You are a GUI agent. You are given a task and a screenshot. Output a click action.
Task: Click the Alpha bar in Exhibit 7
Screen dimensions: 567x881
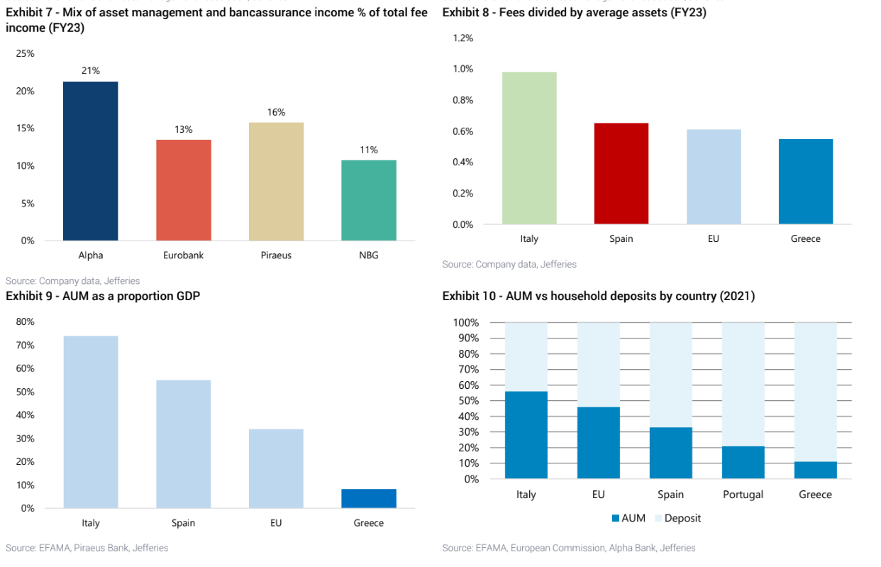click(x=90, y=161)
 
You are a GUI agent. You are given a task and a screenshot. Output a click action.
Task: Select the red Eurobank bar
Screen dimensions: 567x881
click(x=183, y=190)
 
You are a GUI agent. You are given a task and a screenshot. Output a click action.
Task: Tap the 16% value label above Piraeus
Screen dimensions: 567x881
click(x=276, y=112)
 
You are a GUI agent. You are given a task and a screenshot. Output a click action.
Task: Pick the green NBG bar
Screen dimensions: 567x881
click(x=369, y=200)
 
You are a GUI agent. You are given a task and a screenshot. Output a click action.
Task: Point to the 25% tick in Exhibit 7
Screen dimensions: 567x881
click(x=26, y=54)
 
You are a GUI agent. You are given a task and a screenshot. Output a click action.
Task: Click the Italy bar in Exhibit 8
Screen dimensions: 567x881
click(x=529, y=148)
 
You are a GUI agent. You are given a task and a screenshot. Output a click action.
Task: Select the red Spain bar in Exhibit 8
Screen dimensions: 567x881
click(x=621, y=174)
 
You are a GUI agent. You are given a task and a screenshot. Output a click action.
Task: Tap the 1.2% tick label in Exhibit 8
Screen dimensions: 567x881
click(x=462, y=38)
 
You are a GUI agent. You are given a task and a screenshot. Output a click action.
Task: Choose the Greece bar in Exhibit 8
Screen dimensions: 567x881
click(x=805, y=182)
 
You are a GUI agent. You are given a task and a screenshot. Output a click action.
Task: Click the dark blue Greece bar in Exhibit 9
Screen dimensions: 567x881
click(x=368, y=498)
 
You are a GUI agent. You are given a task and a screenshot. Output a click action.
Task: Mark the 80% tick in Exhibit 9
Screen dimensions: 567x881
click(x=26, y=321)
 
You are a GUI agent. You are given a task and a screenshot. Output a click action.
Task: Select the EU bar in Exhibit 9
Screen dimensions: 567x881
click(x=276, y=468)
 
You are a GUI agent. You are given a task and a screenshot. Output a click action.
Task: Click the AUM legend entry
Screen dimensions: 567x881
click(x=628, y=518)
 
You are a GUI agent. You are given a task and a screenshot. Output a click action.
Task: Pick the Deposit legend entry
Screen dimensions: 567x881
click(x=677, y=518)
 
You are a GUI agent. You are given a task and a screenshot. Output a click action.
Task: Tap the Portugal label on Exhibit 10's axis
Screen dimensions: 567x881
click(x=743, y=495)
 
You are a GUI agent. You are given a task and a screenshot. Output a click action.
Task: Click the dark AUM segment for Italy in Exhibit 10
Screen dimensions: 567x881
click(x=526, y=434)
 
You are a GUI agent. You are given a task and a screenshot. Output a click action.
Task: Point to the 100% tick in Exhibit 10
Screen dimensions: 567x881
click(x=465, y=323)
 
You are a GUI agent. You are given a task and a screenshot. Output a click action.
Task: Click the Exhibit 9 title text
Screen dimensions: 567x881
click(x=103, y=296)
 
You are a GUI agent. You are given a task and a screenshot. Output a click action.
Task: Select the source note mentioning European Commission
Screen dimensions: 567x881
click(x=568, y=548)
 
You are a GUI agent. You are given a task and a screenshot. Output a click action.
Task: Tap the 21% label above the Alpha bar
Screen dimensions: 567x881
click(x=90, y=71)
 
